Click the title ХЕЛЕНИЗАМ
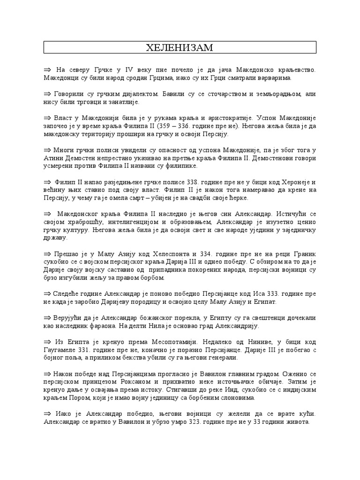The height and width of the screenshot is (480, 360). pyautogui.click(x=180, y=48)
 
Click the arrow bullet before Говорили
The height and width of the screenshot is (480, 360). pyautogui.click(x=47, y=94)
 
